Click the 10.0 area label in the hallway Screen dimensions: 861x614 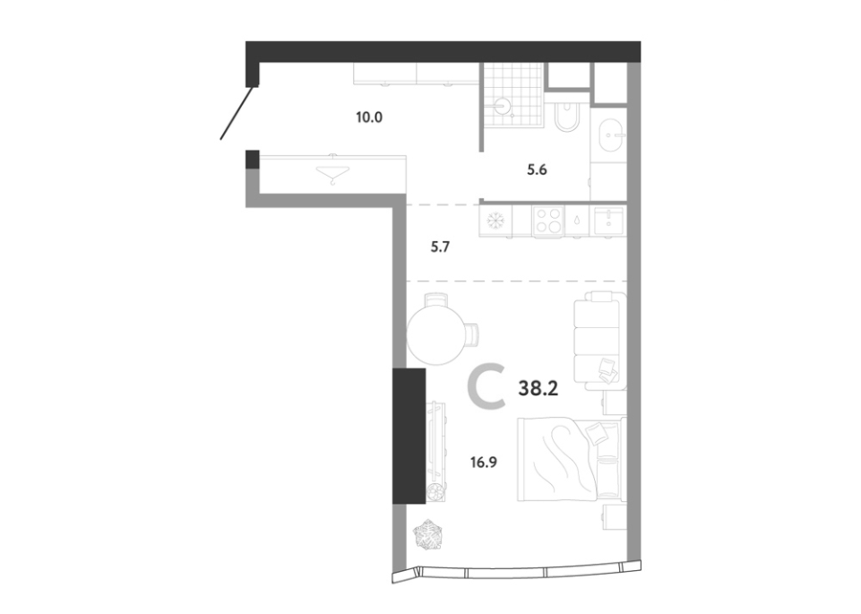coord(369,118)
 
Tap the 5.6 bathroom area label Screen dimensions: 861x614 coord(537,170)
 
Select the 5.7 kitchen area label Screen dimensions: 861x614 coord(440,247)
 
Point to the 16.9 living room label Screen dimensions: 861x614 coord(484,463)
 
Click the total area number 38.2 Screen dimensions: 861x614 coord(538,389)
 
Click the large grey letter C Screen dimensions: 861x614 coord(487,389)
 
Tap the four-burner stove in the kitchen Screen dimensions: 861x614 coord(548,221)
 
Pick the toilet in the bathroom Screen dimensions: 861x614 coord(565,116)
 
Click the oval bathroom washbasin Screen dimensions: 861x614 coord(610,135)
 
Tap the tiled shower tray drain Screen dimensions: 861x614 coord(503,103)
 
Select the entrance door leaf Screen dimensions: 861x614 coord(236,113)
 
